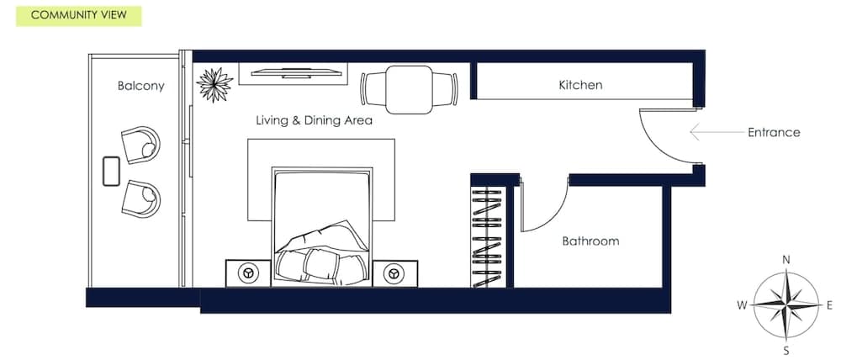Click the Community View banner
pyautogui.click(x=78, y=15)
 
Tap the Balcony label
pyautogui.click(x=140, y=86)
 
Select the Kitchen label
pyautogui.click(x=580, y=86)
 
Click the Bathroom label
pyautogui.click(x=590, y=241)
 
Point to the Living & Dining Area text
pyautogui.click(x=314, y=120)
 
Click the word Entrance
pyautogui.click(x=773, y=132)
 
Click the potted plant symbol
pyautogui.click(x=214, y=83)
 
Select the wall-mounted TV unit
pyautogui.click(x=293, y=74)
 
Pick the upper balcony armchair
pyautogui.click(x=140, y=144)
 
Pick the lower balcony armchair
pyautogui.click(x=140, y=199)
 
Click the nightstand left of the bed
pyautogui.click(x=248, y=273)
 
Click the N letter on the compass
pyautogui.click(x=785, y=260)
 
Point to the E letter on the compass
pyautogui.click(x=828, y=304)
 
